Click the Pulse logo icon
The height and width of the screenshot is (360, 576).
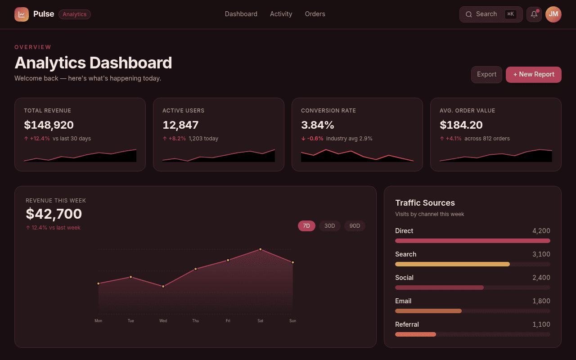(x=21, y=14)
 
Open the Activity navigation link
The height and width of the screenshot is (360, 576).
(x=281, y=14)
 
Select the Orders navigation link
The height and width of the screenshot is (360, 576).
(x=315, y=14)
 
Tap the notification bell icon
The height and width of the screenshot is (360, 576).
(x=534, y=14)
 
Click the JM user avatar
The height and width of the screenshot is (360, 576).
(x=553, y=14)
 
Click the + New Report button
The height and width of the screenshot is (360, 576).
(x=533, y=75)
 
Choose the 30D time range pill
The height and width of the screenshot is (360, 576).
(x=329, y=226)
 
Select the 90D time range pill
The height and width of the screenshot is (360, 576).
(x=354, y=226)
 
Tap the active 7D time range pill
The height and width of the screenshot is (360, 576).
(x=306, y=226)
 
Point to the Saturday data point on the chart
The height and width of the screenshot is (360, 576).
(x=260, y=249)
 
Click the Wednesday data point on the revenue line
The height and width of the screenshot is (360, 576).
(x=163, y=287)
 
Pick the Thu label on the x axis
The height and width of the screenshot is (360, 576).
(x=195, y=321)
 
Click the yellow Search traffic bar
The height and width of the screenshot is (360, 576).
(x=452, y=264)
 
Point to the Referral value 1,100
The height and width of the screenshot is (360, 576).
(x=541, y=324)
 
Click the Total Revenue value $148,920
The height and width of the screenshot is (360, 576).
(x=49, y=125)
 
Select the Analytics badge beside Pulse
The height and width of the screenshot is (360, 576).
(x=75, y=14)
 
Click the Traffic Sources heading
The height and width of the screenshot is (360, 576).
(x=425, y=202)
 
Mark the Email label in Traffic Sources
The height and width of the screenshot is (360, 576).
(x=403, y=301)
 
